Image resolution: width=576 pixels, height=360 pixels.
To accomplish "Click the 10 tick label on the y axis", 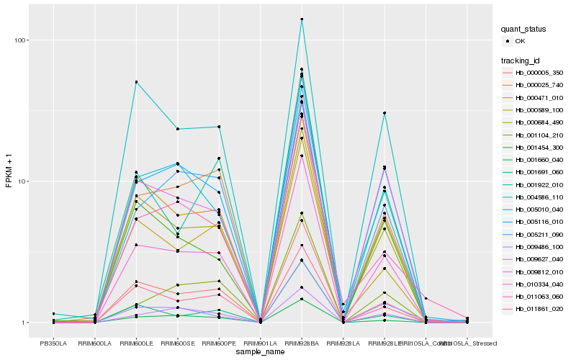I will click(22, 181).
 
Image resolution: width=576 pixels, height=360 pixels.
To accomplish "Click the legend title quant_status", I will click(523, 30).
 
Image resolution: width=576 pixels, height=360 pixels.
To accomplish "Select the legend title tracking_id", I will click(519, 60).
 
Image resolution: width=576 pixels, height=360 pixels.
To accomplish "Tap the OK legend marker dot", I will click(508, 41).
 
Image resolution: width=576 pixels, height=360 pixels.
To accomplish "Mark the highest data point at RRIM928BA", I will click(302, 19).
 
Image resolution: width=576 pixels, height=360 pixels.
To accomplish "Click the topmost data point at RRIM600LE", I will click(136, 82).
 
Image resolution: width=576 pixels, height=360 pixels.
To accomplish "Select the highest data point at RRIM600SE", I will click(177, 129).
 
